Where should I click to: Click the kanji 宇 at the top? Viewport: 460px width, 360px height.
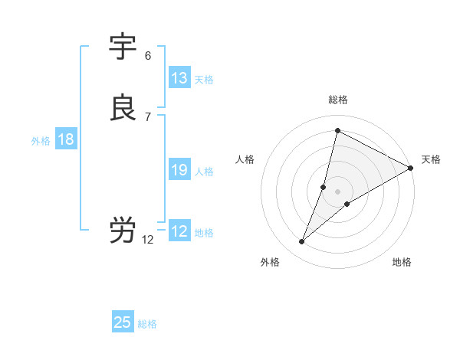123,47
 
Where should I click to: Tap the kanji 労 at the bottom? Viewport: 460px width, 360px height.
123,231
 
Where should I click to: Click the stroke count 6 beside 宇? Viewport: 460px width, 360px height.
148,56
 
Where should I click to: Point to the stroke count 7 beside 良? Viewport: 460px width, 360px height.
148,116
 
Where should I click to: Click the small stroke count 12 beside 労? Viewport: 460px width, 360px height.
148,240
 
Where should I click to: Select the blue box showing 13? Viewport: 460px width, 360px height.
179,78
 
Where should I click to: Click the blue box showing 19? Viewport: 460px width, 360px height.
179,171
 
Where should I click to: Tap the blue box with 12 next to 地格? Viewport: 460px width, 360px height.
179,231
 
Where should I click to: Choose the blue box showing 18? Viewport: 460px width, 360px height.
66,139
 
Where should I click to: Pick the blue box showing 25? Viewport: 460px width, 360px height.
123,322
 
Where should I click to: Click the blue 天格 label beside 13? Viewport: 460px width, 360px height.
204,80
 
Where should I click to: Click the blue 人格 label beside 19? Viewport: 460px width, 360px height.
204,172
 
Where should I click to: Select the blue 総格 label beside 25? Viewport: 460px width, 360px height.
147,324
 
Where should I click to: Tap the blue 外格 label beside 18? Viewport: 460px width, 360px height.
41,141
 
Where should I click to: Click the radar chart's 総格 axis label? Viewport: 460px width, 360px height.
338,100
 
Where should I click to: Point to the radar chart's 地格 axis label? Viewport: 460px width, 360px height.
402,262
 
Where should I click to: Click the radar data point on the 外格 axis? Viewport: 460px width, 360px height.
302,242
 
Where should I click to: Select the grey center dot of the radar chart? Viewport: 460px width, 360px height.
338,191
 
